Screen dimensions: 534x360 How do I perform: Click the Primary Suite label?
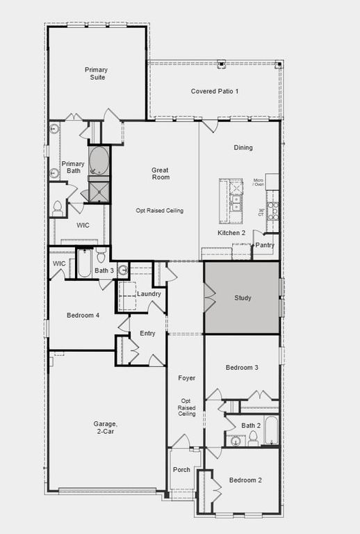97,74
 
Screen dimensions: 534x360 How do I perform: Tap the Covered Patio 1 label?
215,92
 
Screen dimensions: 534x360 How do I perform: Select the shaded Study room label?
243,298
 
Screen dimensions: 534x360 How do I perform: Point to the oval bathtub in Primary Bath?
99,161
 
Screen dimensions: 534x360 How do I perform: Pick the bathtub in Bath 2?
270,430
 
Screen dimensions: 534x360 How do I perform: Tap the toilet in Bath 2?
253,438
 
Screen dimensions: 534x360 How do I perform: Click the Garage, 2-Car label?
106,428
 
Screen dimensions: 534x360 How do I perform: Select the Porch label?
181,470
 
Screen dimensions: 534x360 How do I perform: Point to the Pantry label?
265,245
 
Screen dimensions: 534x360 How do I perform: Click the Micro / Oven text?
259,182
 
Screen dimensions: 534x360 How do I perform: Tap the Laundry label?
149,294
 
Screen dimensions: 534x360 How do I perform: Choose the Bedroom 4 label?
83,316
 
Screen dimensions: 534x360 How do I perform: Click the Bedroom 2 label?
245,480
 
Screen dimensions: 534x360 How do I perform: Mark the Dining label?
243,147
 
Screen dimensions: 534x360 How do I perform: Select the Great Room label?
161,173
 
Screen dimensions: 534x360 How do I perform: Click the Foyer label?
186,378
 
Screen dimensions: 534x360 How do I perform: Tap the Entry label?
147,334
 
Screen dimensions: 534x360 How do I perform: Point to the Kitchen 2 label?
231,233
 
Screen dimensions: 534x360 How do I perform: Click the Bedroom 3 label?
242,367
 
